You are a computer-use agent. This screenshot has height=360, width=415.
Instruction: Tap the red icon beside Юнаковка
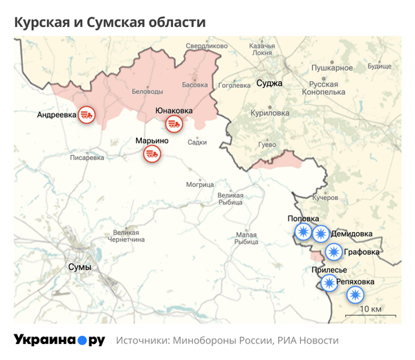173,125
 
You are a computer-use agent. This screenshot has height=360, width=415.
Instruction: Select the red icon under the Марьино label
153,154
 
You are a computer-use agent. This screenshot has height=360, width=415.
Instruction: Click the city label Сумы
80,267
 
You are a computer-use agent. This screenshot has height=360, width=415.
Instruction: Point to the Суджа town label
269,83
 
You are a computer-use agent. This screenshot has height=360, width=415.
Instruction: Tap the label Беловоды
147,91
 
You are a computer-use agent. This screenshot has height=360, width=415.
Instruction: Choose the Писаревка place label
87,158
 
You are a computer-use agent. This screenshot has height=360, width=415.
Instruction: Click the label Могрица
200,185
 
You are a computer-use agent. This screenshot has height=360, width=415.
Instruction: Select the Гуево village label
267,144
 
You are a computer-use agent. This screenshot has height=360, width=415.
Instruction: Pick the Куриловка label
270,112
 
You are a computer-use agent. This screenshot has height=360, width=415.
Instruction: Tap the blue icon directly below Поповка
303,233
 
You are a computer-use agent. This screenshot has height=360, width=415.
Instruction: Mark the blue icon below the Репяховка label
354,296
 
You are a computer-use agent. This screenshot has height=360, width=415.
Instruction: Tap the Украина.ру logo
59,340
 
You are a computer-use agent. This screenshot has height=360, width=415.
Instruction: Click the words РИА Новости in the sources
308,341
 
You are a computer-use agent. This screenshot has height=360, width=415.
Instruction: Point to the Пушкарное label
332,68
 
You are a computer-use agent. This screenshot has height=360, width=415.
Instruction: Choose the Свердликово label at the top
207,46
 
